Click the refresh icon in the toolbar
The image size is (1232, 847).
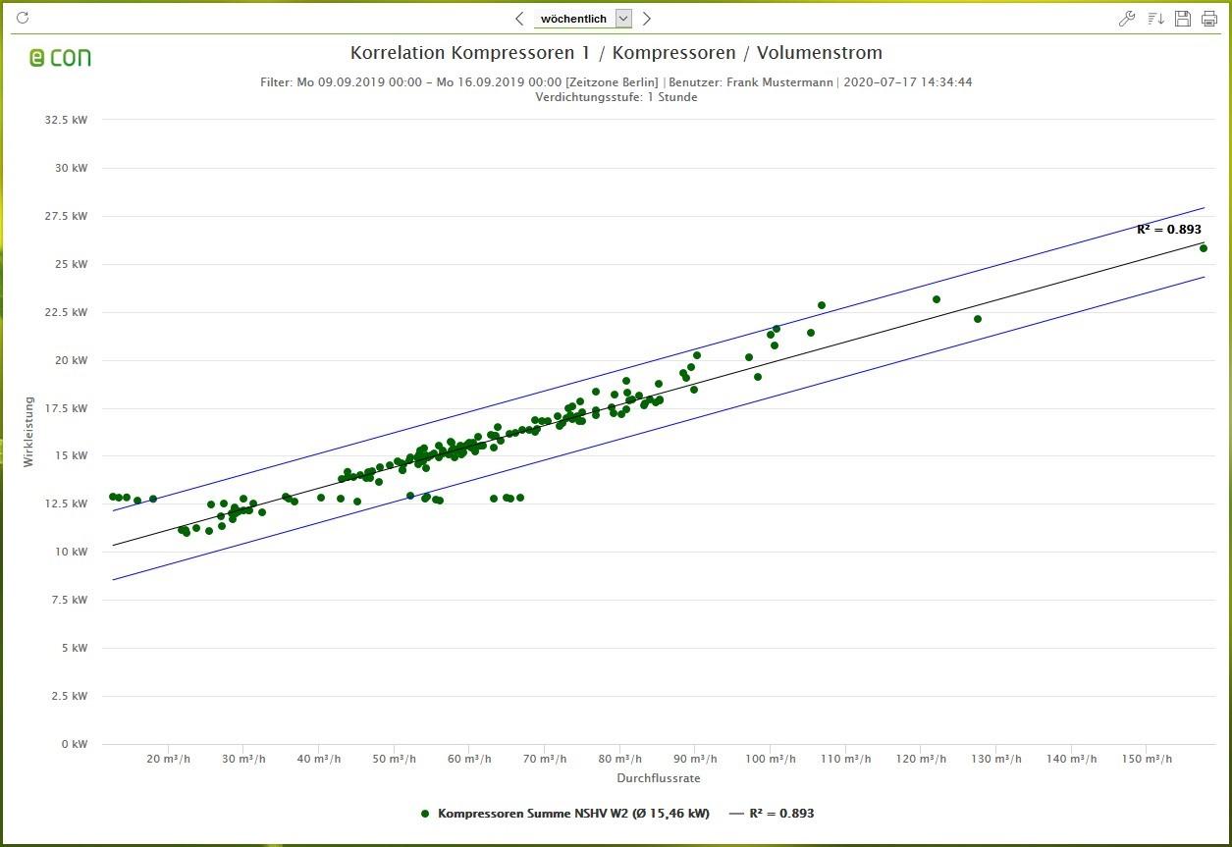(x=24, y=18)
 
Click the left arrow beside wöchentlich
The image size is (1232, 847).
(x=519, y=19)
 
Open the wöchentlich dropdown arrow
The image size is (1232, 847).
(x=623, y=19)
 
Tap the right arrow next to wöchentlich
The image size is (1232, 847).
(x=647, y=19)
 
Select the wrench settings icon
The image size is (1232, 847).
(x=1127, y=19)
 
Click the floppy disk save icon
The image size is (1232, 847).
(x=1183, y=19)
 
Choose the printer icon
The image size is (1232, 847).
(x=1209, y=19)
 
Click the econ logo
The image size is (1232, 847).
(x=60, y=58)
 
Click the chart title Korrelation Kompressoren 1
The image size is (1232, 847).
(x=616, y=53)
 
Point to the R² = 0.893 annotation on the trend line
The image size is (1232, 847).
(x=1168, y=230)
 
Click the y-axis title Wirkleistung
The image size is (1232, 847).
(x=28, y=431)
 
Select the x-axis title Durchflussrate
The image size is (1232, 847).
(x=658, y=778)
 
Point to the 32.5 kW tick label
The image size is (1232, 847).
(x=66, y=120)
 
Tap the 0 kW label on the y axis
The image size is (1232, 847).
(x=73, y=744)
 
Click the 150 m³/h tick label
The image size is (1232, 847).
(x=1147, y=760)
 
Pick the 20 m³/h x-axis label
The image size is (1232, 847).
(x=170, y=760)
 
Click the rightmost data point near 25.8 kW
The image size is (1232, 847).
(x=1204, y=248)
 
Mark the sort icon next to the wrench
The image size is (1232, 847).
(x=1155, y=19)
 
